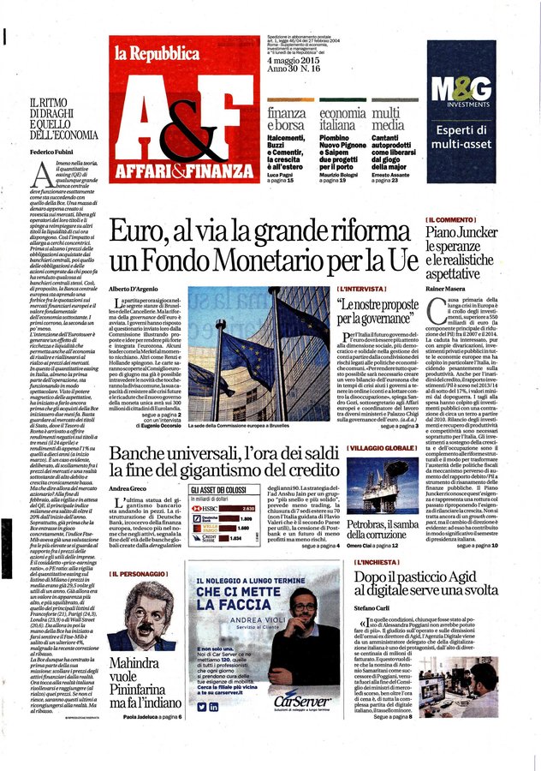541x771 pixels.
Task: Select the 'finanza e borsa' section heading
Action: [286, 119]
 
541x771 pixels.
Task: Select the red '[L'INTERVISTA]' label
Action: [360, 290]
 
